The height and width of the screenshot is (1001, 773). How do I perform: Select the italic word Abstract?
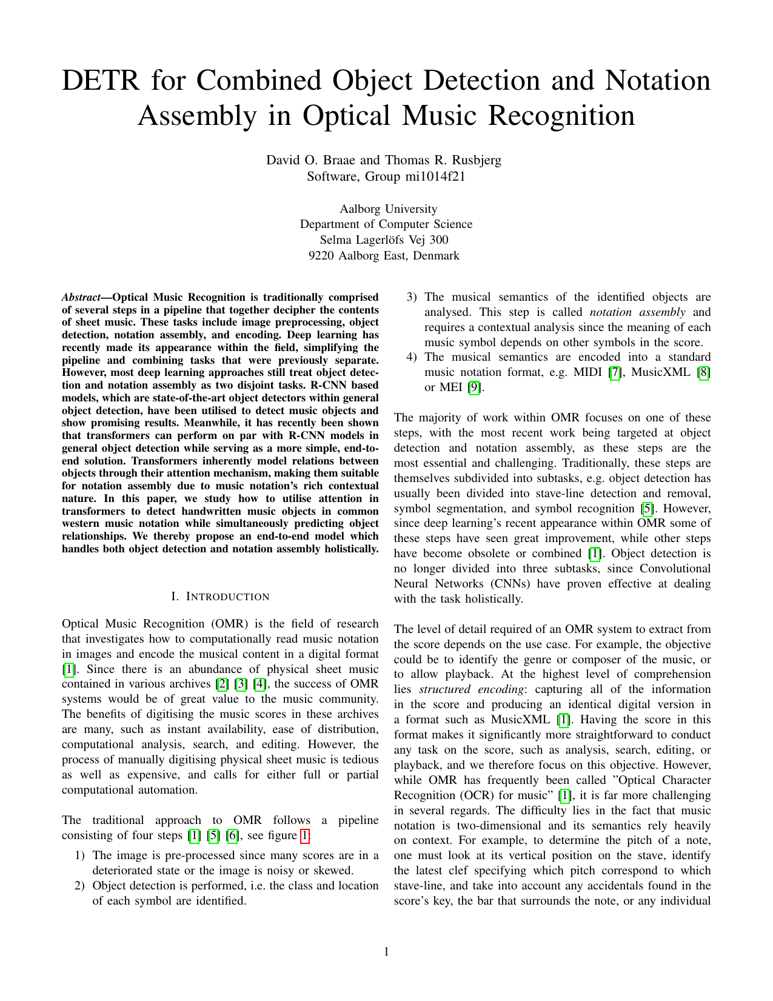click(81, 297)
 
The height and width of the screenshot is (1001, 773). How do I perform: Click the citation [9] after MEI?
click(476, 387)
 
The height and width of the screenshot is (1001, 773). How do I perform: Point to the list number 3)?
click(412, 297)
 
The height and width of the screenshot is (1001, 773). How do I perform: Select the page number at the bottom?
click(386, 951)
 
